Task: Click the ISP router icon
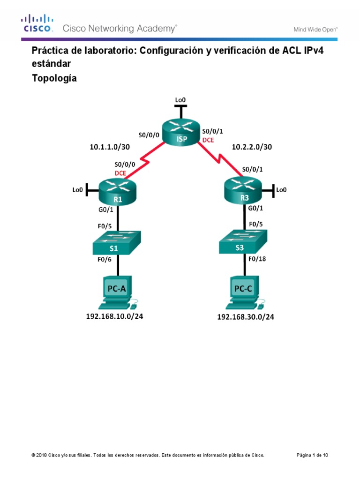(x=181, y=133)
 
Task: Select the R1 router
(x=117, y=193)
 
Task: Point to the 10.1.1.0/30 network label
(x=110, y=147)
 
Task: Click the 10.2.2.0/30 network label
(x=252, y=147)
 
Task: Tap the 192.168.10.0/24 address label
(x=114, y=316)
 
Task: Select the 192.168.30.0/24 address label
(x=245, y=317)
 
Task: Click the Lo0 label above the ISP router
(x=180, y=100)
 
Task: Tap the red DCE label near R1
(x=121, y=172)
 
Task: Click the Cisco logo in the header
(x=38, y=23)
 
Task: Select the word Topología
(x=54, y=78)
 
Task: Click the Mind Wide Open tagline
(x=315, y=29)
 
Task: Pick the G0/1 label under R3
(x=255, y=208)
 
